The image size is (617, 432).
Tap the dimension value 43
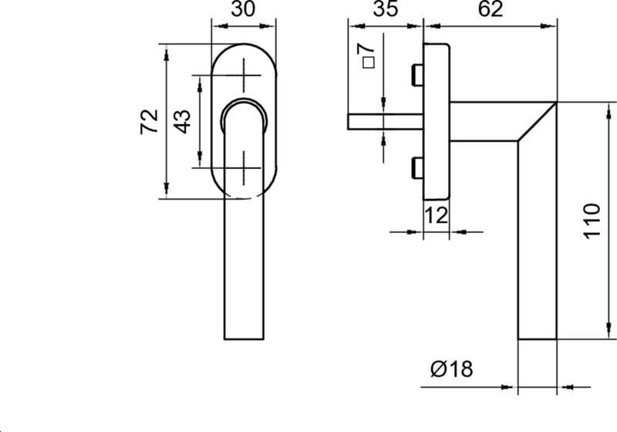tap(182, 121)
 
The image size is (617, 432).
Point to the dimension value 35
tap(384, 11)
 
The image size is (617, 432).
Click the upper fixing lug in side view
tap(417, 76)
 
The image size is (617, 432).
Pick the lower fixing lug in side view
tap(417, 166)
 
